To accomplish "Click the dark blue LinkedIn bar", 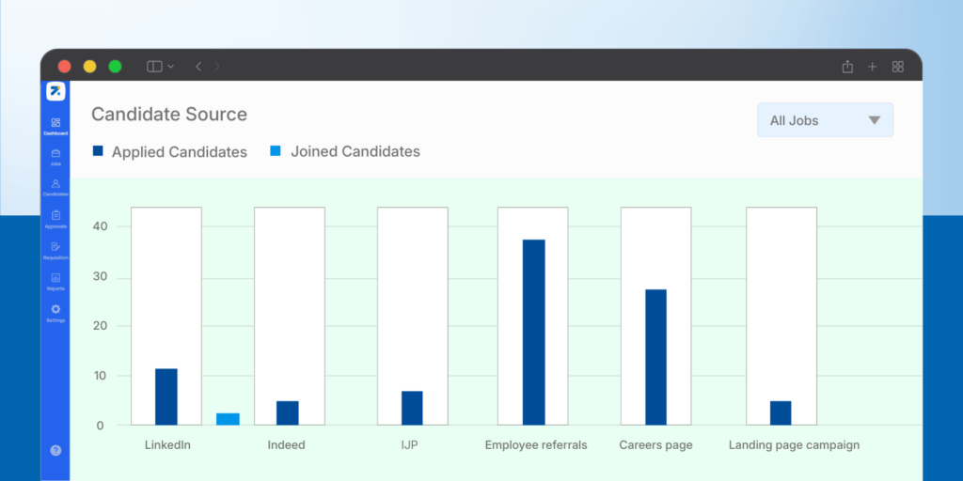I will coord(166,396).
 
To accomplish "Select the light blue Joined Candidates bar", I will coord(228,419).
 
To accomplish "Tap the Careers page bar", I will coord(655,357).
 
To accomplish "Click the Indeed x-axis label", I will coord(286,444).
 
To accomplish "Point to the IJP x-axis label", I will coord(411,444).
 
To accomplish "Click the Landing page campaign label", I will coord(794,444).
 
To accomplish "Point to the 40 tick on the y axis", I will coord(100,226).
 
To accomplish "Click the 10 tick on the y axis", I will coord(100,376).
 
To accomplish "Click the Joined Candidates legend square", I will coord(275,151).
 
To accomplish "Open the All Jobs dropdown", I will coord(825,120).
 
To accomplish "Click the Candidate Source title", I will coord(169,115).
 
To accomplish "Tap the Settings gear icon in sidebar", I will coord(55,309).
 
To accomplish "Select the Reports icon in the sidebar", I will coord(55,278).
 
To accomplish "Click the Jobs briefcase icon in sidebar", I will coord(55,153).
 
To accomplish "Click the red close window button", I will coord(65,66).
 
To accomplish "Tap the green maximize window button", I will coord(115,66).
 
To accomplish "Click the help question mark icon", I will coord(55,451).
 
